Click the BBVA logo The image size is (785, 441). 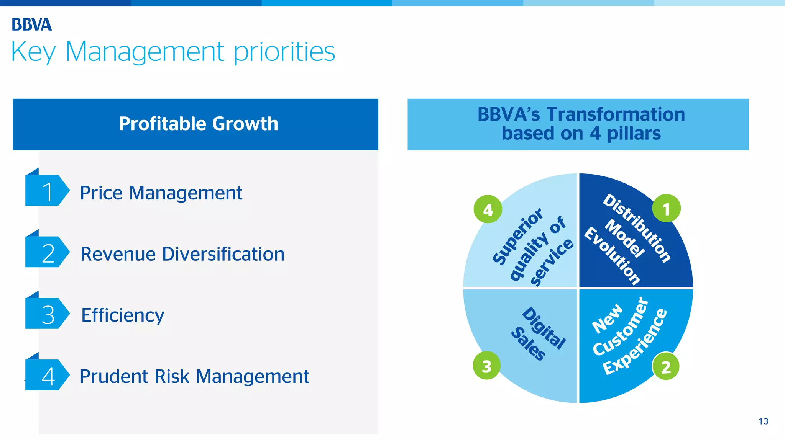click(31, 24)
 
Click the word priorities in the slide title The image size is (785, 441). click(284, 52)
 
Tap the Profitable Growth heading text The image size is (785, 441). click(198, 124)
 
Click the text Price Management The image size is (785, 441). click(161, 193)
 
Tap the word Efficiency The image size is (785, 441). click(122, 315)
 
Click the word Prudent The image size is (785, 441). click(113, 376)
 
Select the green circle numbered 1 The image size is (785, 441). click(666, 209)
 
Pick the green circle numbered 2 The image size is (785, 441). click(666, 366)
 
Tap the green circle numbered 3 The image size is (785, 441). click(486, 366)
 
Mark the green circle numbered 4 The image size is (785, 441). click(488, 209)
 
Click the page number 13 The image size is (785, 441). click(763, 421)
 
